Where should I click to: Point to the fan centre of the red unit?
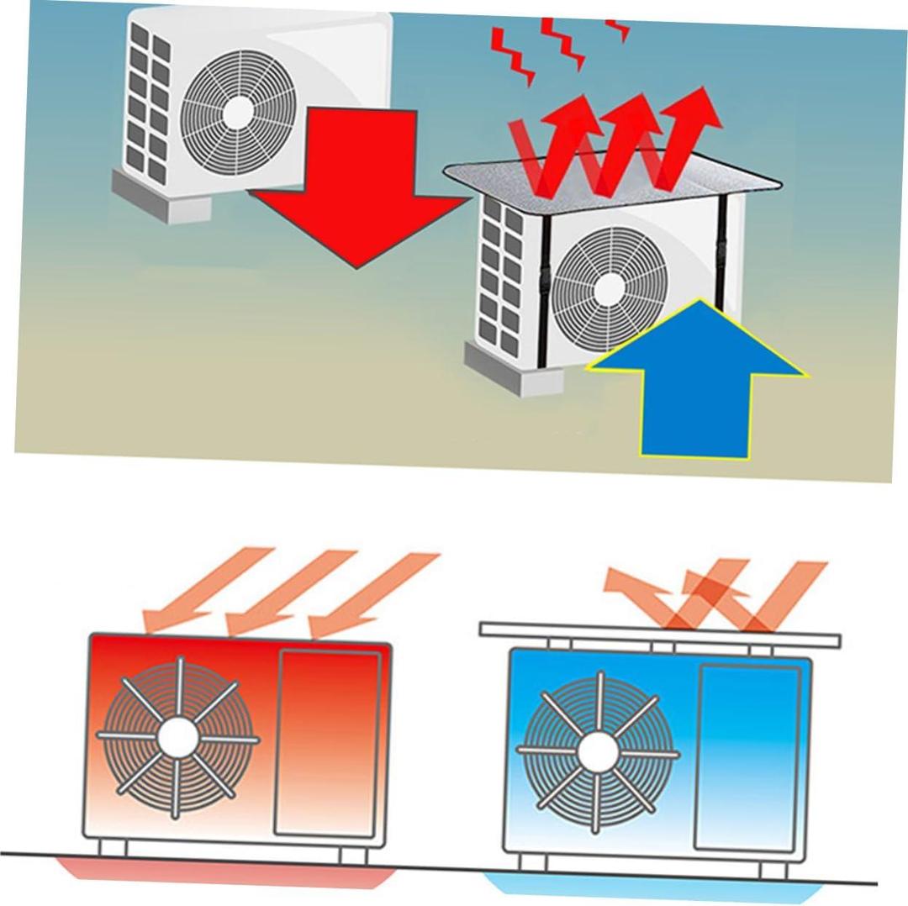click(178, 737)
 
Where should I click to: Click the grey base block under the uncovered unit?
click(160, 198)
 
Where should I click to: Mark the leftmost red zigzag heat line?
click(513, 55)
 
